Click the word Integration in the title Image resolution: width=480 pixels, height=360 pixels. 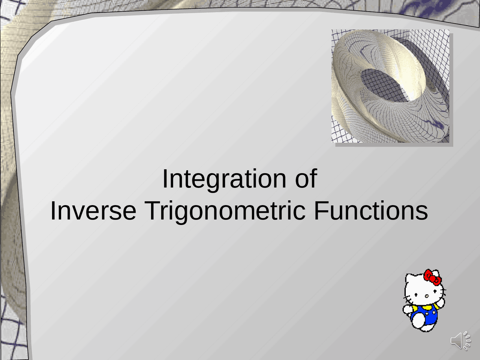click(224, 179)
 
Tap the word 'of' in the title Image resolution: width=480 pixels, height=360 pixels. click(306, 178)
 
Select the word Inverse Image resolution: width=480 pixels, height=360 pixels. click(93, 211)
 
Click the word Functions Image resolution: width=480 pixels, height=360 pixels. click(371, 210)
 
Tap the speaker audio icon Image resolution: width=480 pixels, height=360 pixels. click(460, 340)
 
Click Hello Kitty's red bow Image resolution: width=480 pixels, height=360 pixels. click(432, 277)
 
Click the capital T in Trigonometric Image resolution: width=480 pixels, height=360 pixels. click(152, 210)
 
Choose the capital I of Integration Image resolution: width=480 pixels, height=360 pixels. click(165, 178)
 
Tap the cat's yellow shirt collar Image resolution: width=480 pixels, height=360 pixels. click(426, 307)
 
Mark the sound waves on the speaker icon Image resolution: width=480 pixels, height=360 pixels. click(466, 340)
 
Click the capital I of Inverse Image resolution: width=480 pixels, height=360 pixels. click(52, 210)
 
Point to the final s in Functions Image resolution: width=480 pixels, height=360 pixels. click(422, 213)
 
